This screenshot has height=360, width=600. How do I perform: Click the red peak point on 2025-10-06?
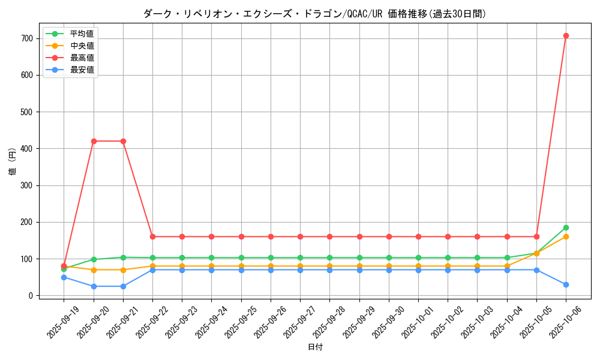coord(566,36)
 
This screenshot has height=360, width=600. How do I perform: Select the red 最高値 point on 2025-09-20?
coord(94,141)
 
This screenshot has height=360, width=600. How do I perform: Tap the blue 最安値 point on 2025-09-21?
coord(123,286)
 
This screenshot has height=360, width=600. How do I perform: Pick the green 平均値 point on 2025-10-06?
coord(566,227)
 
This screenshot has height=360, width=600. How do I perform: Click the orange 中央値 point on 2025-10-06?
coord(566,236)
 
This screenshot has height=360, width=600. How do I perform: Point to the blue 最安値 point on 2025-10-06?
coord(566,284)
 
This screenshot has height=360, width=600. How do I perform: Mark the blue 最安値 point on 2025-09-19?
coord(64,277)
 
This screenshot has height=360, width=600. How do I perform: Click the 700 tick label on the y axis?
coord(26,38)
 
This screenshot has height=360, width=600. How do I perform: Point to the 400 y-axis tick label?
coord(26,149)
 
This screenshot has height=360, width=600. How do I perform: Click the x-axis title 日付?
coord(315,347)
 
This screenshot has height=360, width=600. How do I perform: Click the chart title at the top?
coord(315,14)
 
